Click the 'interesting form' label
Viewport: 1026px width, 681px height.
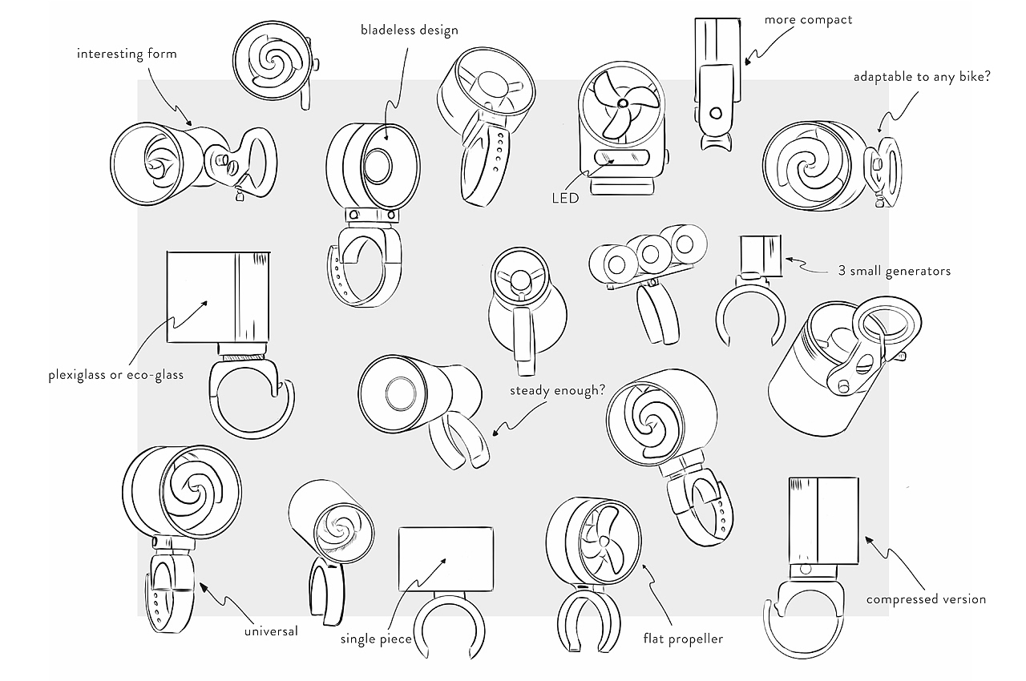126,54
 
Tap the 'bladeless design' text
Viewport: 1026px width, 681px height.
409,30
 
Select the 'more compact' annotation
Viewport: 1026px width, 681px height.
808,19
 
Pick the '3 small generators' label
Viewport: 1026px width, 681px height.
894,271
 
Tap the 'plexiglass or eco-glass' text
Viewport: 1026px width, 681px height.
115,375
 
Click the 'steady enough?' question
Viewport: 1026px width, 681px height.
557,391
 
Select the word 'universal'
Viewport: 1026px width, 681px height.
271,631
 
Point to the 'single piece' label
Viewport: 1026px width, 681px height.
375,639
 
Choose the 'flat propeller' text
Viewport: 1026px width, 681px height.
683,639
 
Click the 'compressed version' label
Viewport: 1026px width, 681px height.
926,598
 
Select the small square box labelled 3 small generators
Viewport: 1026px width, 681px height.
760,255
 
